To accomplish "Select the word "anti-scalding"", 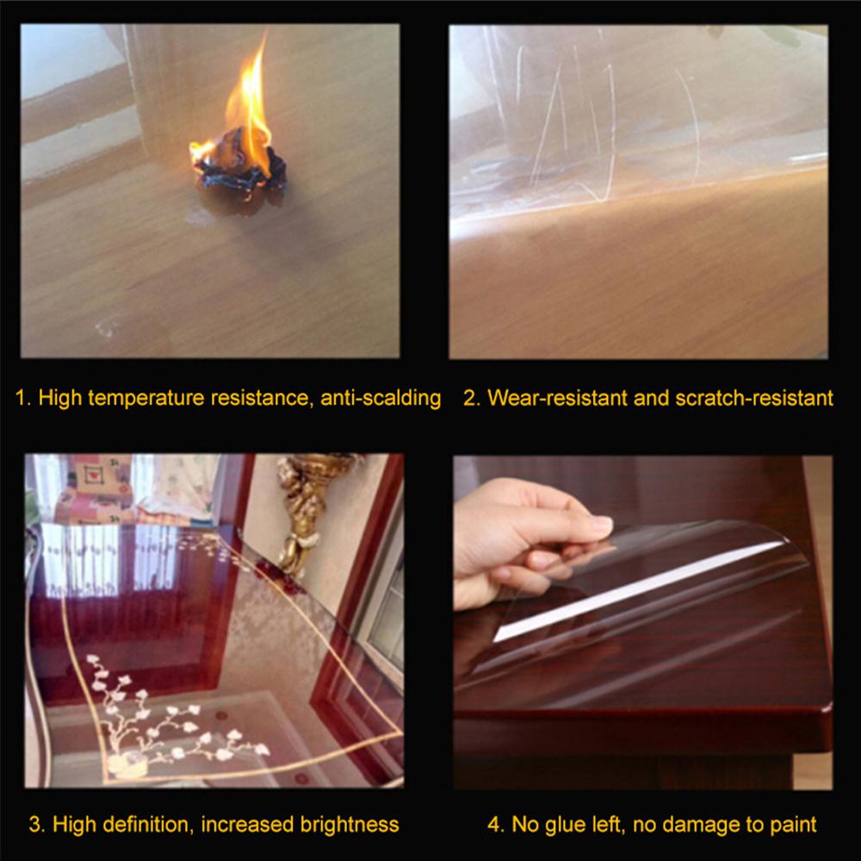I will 381,398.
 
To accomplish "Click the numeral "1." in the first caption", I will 24,398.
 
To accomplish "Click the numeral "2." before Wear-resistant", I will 471,398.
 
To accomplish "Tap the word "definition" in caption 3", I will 145,824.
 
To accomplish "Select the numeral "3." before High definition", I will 37,824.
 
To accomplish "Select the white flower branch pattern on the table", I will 172,723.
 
